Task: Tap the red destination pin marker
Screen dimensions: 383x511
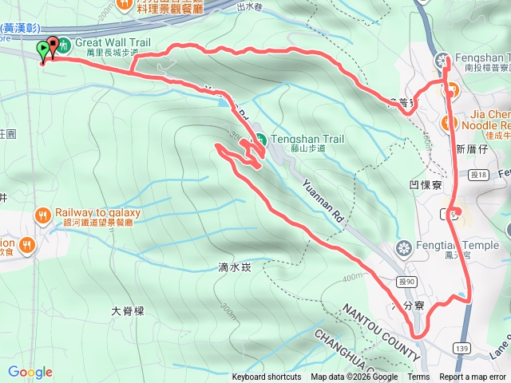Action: click(54, 46)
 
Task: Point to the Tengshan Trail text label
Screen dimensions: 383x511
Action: click(307, 138)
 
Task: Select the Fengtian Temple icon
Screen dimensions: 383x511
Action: click(405, 247)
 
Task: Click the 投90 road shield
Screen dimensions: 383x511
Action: click(405, 282)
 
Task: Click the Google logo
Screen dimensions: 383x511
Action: click(30, 372)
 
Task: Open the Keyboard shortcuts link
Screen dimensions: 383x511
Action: click(266, 377)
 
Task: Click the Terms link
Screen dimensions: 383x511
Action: click(418, 377)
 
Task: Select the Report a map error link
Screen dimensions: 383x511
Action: click(473, 377)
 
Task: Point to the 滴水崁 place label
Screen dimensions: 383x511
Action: click(234, 268)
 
